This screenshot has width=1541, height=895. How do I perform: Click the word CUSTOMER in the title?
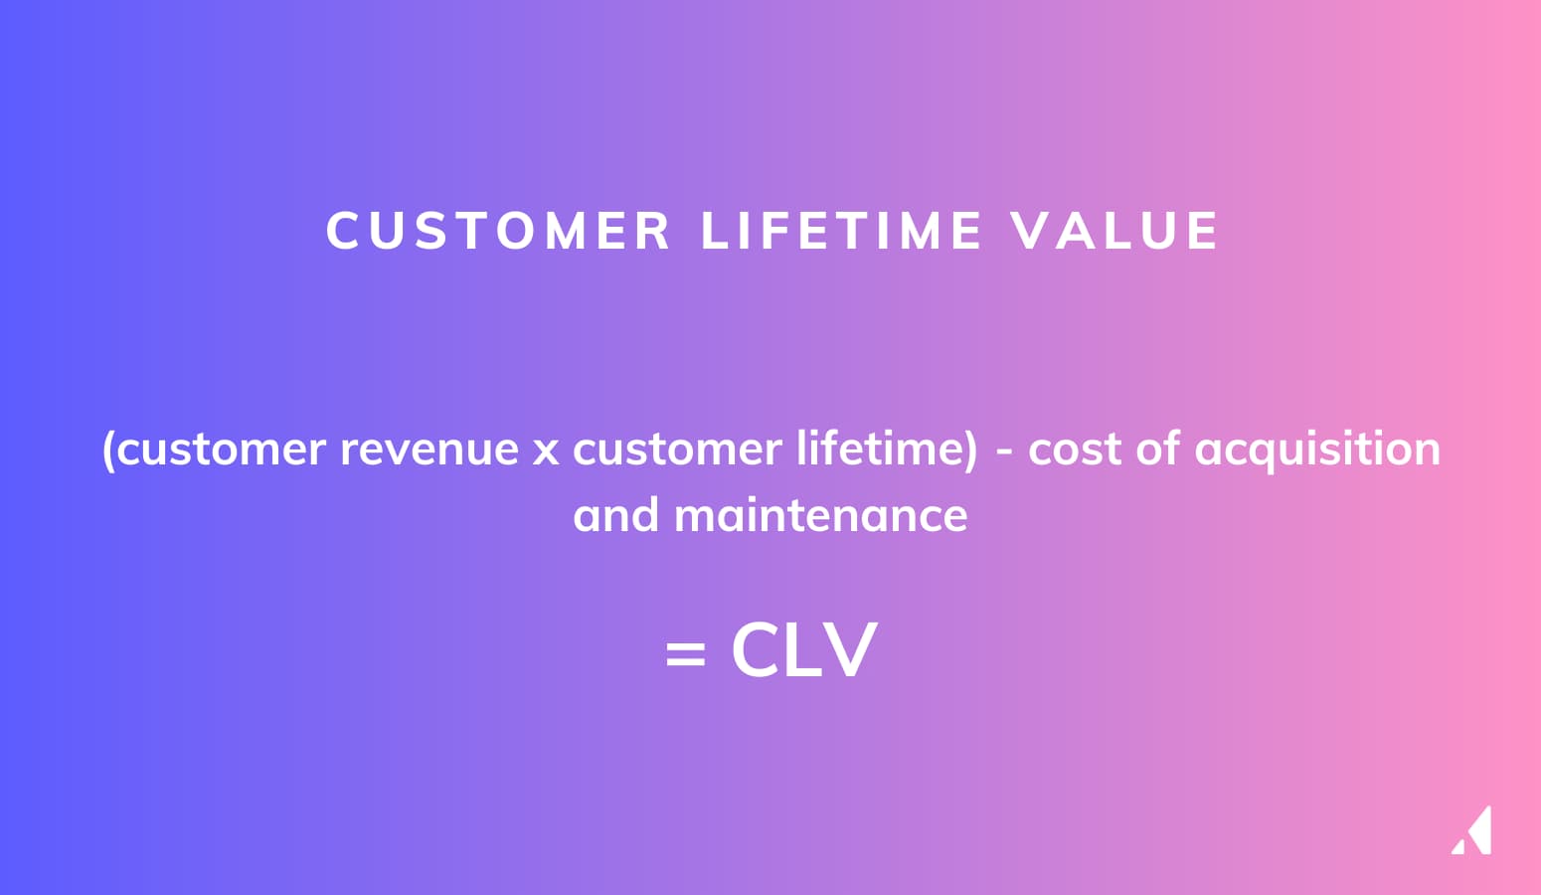(x=498, y=231)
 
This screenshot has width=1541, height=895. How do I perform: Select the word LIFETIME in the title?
(x=841, y=231)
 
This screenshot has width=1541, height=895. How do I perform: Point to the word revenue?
(x=429, y=449)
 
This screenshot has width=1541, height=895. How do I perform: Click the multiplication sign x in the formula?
(x=546, y=451)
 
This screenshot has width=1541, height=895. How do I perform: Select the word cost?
(x=1075, y=449)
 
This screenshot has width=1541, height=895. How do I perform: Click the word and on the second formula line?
(x=615, y=514)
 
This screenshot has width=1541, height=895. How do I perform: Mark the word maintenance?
(x=821, y=514)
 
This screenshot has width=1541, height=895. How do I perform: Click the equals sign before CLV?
(x=685, y=652)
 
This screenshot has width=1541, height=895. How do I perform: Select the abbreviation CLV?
(x=804, y=649)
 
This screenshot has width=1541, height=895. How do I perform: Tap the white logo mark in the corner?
(x=1472, y=830)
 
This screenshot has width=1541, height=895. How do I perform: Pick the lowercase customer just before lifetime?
(x=677, y=449)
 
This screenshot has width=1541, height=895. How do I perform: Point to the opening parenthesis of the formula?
(x=108, y=450)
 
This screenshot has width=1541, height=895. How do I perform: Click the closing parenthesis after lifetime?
(x=970, y=450)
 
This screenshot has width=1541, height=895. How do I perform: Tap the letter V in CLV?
(x=851, y=649)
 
